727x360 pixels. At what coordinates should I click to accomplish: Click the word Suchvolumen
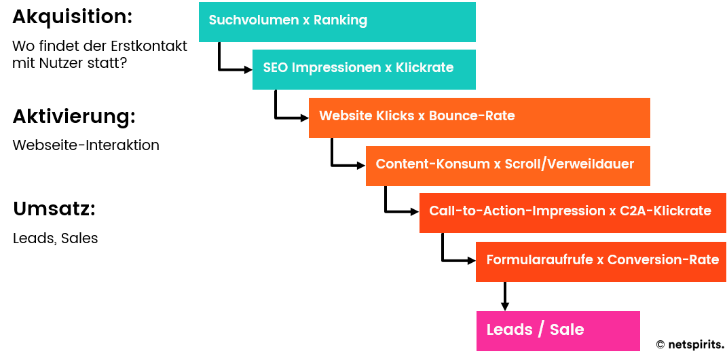[254, 20]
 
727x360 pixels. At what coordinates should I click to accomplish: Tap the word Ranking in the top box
[340, 20]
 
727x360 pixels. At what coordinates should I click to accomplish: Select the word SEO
[276, 68]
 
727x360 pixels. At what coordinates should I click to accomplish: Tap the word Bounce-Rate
[472, 116]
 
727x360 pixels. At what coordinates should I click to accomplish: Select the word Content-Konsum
[432, 164]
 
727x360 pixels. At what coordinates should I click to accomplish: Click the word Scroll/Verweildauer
[570, 164]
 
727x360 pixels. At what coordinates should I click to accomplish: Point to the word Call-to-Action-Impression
[516, 211]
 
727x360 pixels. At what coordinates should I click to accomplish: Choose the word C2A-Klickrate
[665, 211]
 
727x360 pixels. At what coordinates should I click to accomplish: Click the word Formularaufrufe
[540, 260]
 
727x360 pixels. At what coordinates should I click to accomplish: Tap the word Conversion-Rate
[663, 260]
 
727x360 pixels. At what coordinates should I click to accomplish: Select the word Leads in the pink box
[509, 330]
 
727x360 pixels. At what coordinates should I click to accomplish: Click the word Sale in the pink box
[567, 330]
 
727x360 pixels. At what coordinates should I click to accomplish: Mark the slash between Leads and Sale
[541, 330]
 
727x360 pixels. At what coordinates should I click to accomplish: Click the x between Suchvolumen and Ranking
[306, 21]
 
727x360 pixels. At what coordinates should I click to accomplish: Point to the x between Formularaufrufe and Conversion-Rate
[600, 261]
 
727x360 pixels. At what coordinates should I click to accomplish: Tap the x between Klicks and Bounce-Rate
[422, 117]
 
